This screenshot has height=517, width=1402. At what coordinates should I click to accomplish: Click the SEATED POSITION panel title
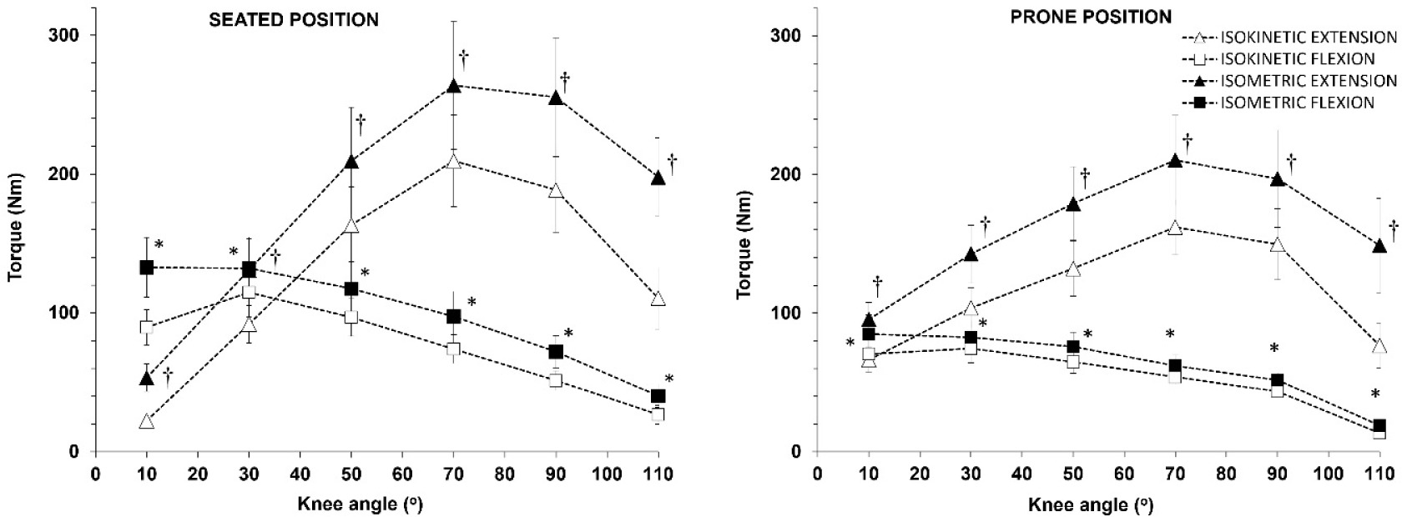pyautogui.click(x=293, y=19)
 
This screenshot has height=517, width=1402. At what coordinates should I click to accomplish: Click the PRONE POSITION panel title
pyautogui.click(x=1091, y=17)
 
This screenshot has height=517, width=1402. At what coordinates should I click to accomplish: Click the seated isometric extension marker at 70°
pyautogui.click(x=454, y=86)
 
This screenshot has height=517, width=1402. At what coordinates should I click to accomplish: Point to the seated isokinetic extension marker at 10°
pyautogui.click(x=147, y=421)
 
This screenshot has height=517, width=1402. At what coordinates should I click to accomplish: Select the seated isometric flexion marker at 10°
pyautogui.click(x=147, y=268)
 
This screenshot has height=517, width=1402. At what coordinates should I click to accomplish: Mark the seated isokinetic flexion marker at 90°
pyautogui.click(x=556, y=380)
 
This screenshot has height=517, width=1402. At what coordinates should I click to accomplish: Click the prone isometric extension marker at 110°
pyautogui.click(x=1379, y=246)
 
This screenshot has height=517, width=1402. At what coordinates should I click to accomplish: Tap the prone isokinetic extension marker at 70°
pyautogui.click(x=1175, y=227)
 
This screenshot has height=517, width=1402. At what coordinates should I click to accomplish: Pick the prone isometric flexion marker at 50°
pyautogui.click(x=1073, y=347)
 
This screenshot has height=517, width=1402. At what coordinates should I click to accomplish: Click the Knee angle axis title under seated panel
pyautogui.click(x=361, y=504)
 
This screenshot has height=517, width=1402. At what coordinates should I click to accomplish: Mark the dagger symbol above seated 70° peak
pyautogui.click(x=464, y=58)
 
